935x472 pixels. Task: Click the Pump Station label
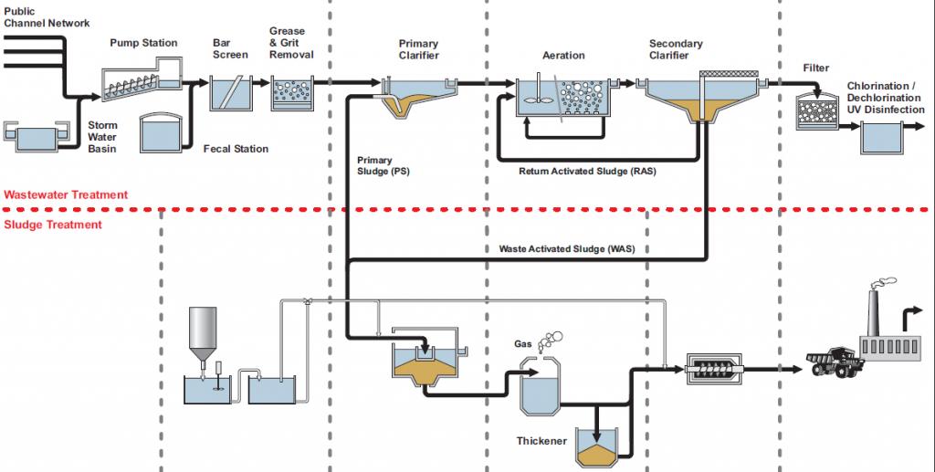(x=143, y=43)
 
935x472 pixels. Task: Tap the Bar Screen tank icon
(x=230, y=93)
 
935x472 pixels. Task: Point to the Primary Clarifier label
(x=418, y=49)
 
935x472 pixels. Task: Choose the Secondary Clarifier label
(x=676, y=49)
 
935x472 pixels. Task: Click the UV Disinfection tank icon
(x=883, y=139)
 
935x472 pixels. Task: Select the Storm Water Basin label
(x=102, y=137)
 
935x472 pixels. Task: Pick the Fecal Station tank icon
(x=163, y=133)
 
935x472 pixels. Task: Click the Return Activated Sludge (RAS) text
(x=587, y=171)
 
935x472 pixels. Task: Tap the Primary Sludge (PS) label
(x=383, y=166)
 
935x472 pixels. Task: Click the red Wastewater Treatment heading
(x=66, y=194)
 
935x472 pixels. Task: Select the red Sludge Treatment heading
(x=53, y=225)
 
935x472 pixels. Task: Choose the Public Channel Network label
(x=47, y=16)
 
